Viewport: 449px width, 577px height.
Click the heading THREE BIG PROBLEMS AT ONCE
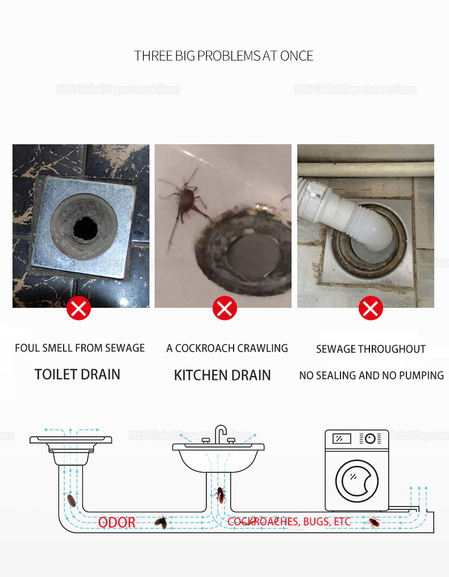click(x=223, y=56)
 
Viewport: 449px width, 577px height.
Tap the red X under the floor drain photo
click(x=79, y=308)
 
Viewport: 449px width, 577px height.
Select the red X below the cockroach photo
click(x=224, y=308)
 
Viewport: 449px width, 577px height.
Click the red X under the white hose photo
click(x=371, y=308)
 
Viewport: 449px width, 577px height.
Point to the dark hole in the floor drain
click(x=85, y=228)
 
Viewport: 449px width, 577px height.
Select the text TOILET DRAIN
click(x=77, y=374)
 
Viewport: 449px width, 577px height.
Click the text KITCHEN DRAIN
click(x=222, y=375)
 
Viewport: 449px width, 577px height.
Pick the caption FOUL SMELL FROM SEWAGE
click(x=80, y=348)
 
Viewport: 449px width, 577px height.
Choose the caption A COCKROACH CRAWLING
click(x=227, y=348)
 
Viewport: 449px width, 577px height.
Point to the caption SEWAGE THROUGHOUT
click(x=371, y=349)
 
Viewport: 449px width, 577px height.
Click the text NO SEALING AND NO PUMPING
click(x=371, y=375)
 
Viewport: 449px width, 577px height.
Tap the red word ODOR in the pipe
click(x=117, y=522)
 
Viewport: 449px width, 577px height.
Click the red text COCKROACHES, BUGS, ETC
click(x=288, y=521)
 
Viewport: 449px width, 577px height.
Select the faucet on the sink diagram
click(x=221, y=434)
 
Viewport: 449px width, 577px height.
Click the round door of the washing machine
click(x=357, y=480)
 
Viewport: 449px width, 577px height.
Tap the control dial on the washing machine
click(x=370, y=438)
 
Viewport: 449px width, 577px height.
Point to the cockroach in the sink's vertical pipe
click(x=221, y=495)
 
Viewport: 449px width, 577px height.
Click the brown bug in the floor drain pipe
click(x=72, y=500)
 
